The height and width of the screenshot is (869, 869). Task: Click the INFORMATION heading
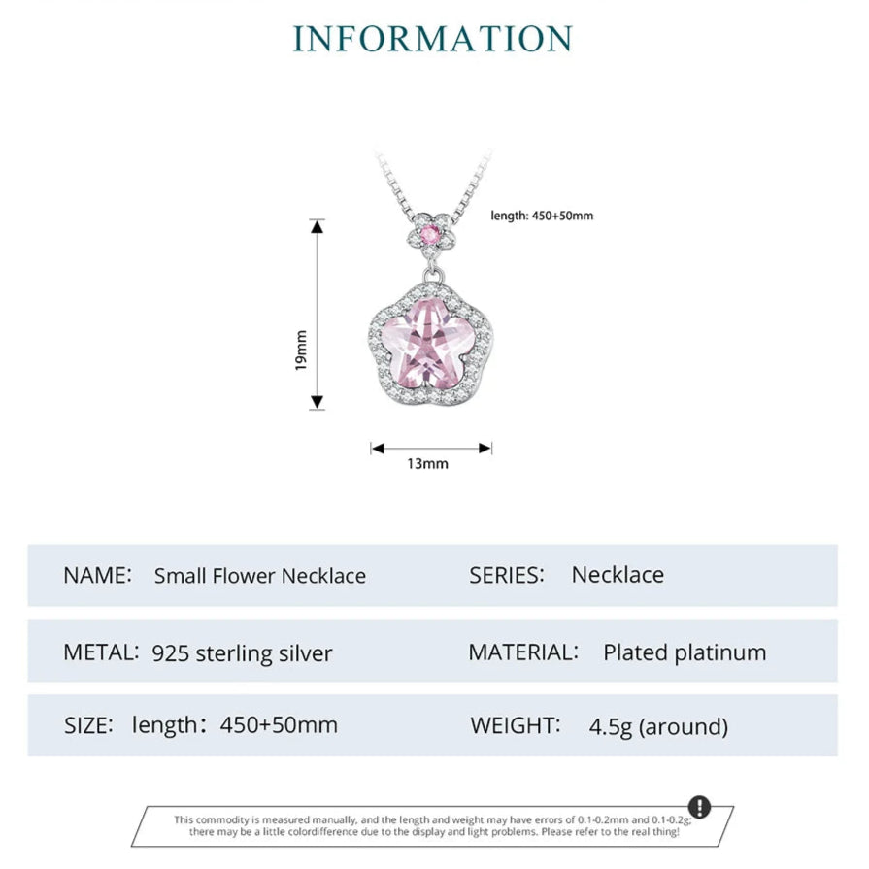[x=433, y=39]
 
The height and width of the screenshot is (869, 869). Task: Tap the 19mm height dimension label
[x=300, y=351]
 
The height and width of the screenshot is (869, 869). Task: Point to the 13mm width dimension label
[x=427, y=463]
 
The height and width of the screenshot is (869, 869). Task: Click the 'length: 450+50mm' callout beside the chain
[x=542, y=216]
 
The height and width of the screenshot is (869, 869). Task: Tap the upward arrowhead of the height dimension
[x=317, y=226]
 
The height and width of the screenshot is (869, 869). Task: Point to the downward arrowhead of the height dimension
[x=317, y=402]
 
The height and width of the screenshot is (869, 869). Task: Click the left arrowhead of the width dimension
[x=378, y=449]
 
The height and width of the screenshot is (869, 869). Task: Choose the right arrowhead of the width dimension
[x=485, y=449]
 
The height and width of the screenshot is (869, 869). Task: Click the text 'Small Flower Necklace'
[x=260, y=576]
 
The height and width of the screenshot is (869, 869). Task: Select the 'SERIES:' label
[x=507, y=575]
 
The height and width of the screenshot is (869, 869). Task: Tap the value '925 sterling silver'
[x=242, y=653]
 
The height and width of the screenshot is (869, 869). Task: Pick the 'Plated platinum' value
[x=685, y=652]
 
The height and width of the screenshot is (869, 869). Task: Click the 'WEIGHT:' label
[x=516, y=725]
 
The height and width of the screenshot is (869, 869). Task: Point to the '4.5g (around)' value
[x=658, y=726]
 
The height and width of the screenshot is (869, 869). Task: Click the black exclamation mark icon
[x=699, y=807]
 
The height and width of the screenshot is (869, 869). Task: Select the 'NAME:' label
[x=97, y=575]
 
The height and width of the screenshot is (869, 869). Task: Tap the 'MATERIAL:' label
[x=523, y=652]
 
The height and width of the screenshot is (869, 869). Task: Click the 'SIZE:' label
[x=88, y=725]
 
